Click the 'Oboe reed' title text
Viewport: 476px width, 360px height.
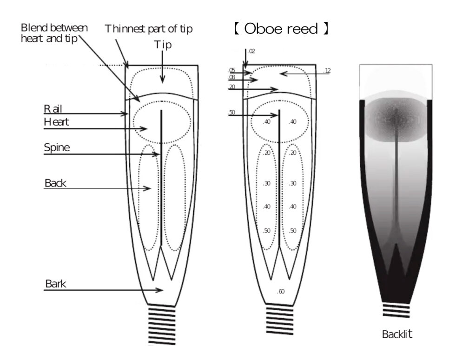pos(281,29)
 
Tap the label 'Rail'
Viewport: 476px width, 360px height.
pos(53,109)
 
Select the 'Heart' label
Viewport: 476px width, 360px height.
pos(56,122)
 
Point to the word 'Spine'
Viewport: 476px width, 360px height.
pos(57,147)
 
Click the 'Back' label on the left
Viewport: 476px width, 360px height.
pos(55,183)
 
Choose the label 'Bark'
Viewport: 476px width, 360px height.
pos(56,284)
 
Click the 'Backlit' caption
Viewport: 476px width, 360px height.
pos(397,334)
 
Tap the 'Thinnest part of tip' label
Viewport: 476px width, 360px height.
pos(148,29)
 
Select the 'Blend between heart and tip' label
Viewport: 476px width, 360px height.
pos(54,33)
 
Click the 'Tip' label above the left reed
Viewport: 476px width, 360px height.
pos(163,45)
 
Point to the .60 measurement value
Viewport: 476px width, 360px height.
pos(280,292)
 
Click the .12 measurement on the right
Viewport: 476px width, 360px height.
pos(327,71)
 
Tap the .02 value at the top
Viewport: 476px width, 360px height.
pos(251,51)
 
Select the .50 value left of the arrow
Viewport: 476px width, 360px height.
pos(231,113)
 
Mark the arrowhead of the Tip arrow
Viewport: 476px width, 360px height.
pos(162,80)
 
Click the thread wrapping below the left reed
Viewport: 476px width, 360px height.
pos(162,326)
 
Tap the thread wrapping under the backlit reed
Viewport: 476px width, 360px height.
pos(396,310)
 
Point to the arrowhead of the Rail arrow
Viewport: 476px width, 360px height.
pos(125,114)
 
